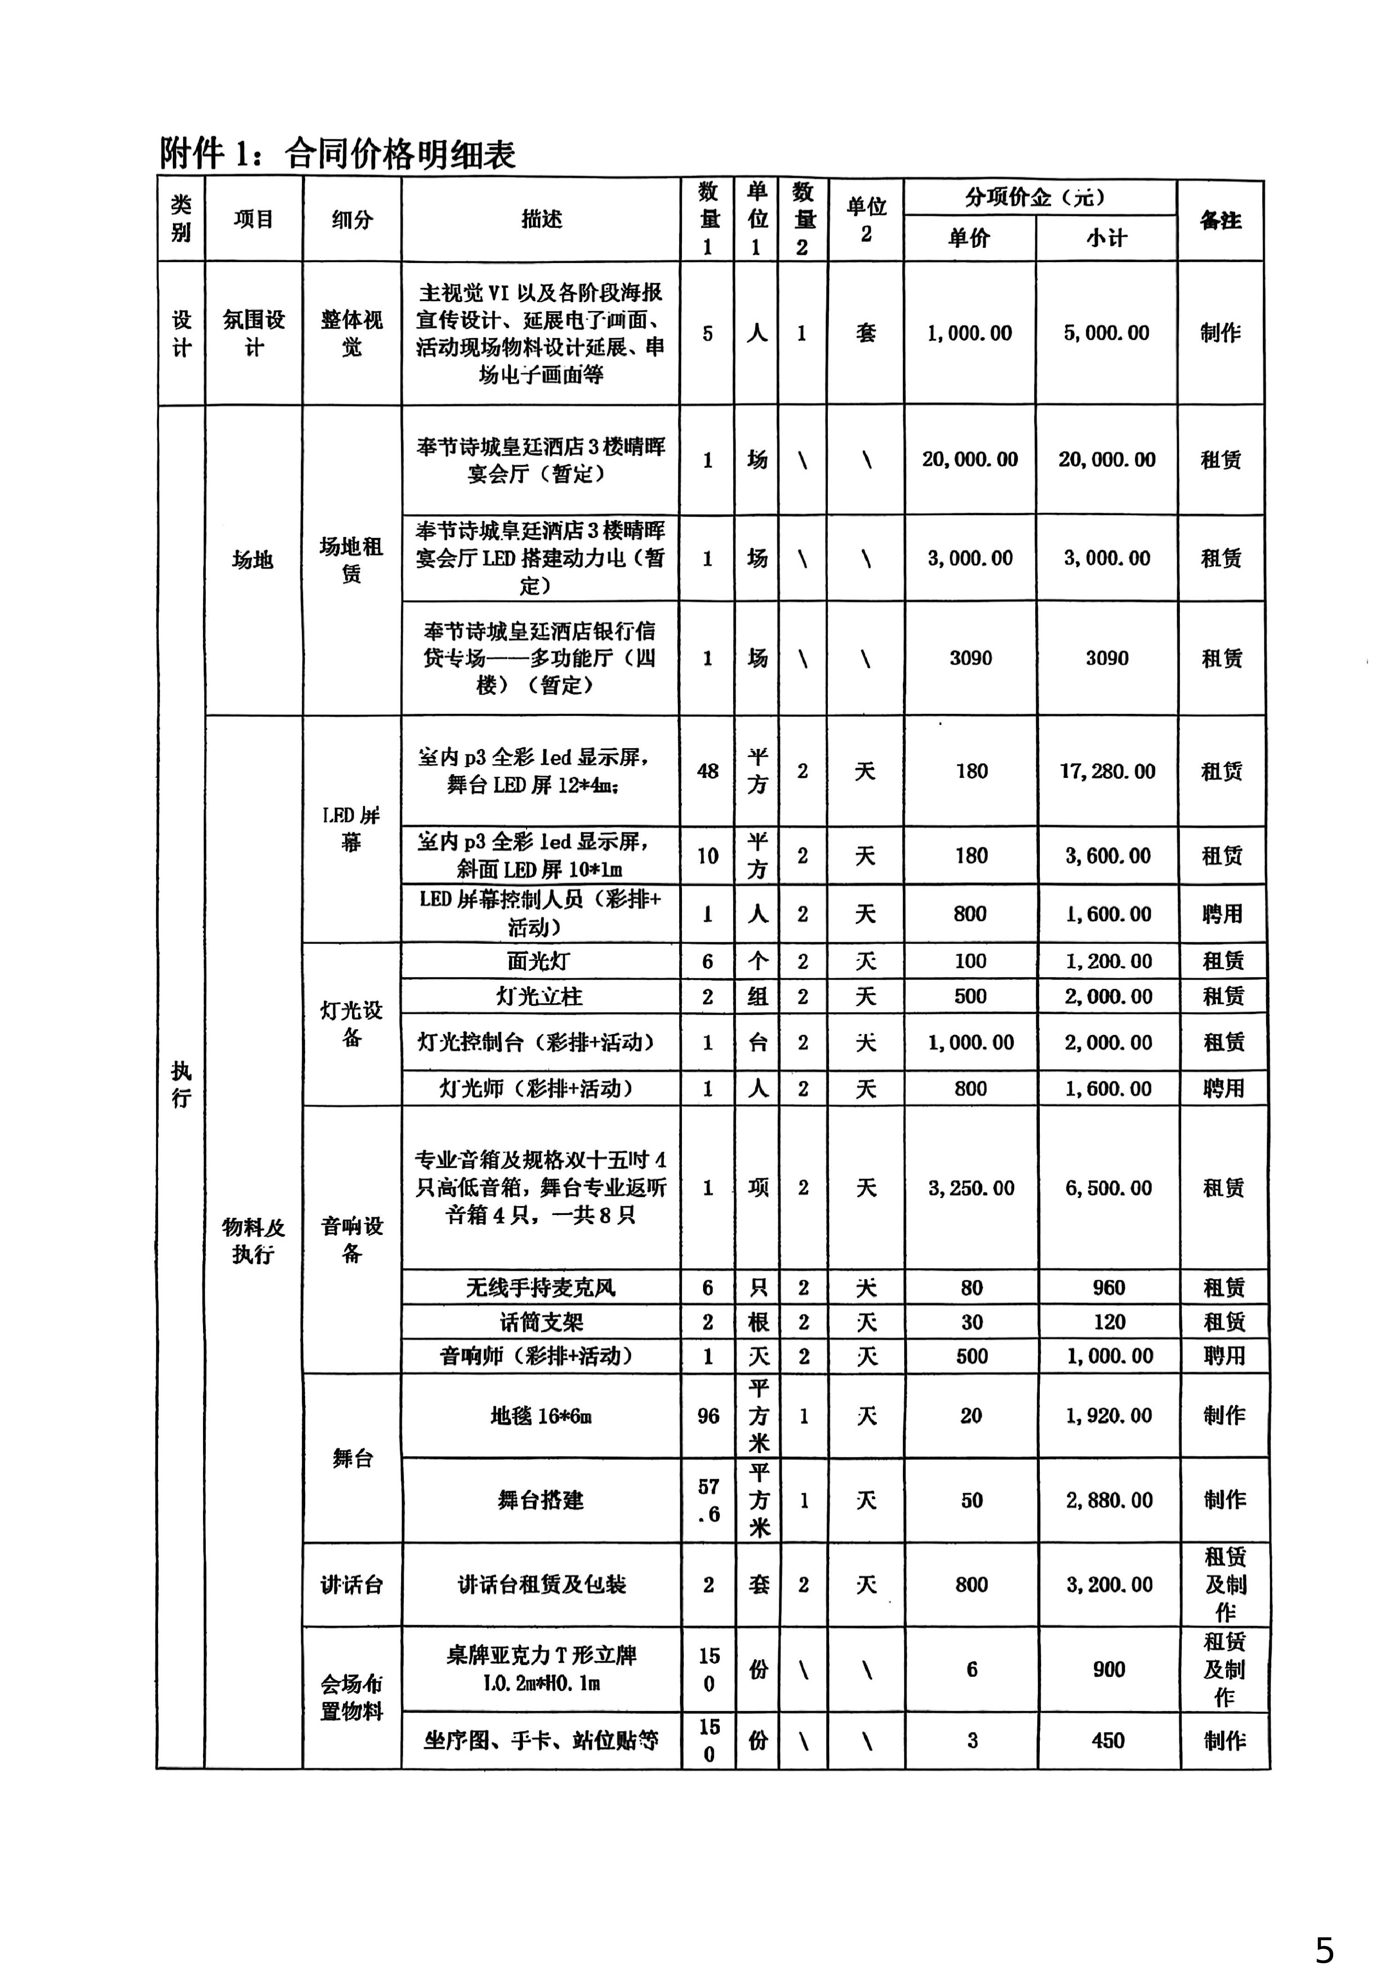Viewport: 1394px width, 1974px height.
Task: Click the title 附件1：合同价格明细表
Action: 338,154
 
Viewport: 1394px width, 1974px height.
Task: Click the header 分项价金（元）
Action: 1039,197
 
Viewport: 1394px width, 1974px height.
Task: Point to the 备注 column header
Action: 1220,220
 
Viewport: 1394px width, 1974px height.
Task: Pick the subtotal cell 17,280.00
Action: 1107,771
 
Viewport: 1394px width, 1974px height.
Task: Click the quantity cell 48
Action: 707,771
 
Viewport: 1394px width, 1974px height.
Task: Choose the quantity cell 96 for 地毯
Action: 708,1416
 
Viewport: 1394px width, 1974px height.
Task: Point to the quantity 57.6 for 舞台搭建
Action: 708,1500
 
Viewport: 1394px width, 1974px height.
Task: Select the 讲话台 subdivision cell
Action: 352,1585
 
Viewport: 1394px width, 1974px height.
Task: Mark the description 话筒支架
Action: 541,1322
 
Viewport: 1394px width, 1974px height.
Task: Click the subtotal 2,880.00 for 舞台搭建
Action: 1109,1500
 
